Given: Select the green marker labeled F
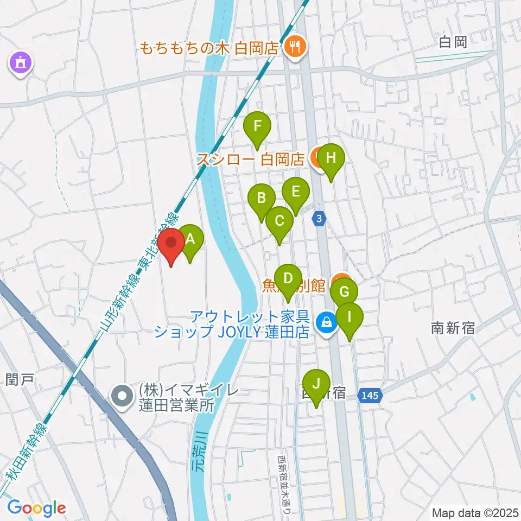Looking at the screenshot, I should pos(257,128).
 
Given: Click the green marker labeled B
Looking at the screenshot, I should pos(262,199).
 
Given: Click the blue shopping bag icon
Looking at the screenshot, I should pos(326,323).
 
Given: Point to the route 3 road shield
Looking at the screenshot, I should pos(320,218).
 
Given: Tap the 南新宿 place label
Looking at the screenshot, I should pos(453,328).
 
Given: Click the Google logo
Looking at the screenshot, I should pos(36,509).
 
